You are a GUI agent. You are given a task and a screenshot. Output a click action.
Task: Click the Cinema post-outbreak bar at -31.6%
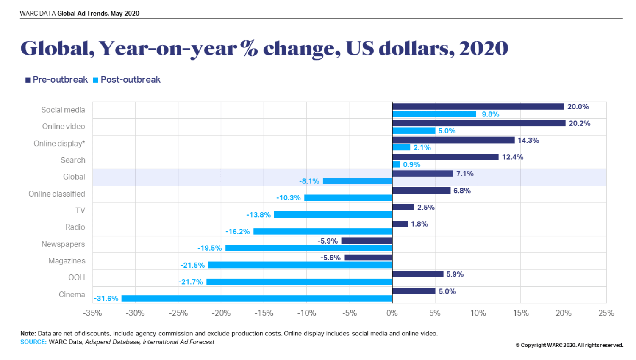[257, 299]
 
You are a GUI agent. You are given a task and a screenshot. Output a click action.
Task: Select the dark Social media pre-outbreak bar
[478, 107]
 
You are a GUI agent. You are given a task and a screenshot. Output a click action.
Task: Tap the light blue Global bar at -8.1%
[358, 181]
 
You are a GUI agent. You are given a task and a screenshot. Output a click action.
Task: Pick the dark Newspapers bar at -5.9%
[367, 241]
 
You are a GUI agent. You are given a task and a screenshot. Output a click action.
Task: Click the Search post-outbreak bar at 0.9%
[397, 164]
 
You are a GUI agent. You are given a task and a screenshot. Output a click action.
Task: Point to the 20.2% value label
[579, 123]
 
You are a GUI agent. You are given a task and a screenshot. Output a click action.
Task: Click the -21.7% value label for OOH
[191, 282]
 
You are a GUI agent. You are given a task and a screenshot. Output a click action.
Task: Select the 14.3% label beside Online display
[528, 140]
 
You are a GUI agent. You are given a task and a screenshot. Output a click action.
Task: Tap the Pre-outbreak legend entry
[56, 80]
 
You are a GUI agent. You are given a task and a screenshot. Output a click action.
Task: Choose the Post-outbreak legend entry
[127, 80]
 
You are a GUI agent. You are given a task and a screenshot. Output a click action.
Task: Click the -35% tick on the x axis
[92, 313]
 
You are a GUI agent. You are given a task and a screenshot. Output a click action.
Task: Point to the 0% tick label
[392, 313]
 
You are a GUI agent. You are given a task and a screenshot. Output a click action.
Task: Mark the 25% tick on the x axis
[606, 313]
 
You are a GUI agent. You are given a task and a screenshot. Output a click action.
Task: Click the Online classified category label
[57, 194]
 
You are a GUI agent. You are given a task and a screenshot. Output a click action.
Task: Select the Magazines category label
[67, 261]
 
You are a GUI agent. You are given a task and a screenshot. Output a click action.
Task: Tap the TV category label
[80, 210]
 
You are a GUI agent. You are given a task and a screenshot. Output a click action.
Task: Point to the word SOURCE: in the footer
[33, 342]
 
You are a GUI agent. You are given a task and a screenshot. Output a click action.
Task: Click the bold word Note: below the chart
[28, 334]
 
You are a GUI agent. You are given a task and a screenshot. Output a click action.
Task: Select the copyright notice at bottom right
[569, 345]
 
